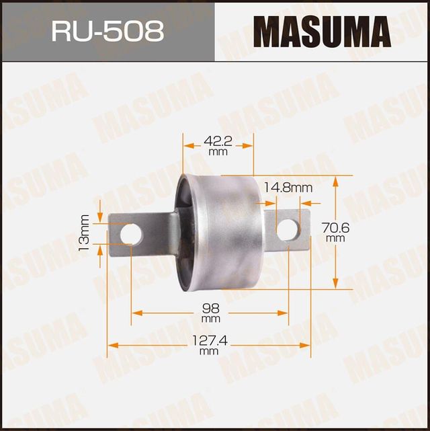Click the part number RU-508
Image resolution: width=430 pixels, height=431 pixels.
tap(107, 32)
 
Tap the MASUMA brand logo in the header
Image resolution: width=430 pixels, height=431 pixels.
tap(322, 32)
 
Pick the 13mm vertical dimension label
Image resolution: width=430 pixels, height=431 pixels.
tap(84, 233)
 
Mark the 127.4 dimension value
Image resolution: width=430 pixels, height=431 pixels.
tap(209, 340)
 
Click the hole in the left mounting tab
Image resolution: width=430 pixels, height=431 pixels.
tap(132, 234)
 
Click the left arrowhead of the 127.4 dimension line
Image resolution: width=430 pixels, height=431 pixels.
tap(112, 345)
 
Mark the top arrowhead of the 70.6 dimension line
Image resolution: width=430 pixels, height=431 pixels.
tap(335, 180)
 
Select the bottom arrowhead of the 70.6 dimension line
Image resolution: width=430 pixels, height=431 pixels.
tap(335, 285)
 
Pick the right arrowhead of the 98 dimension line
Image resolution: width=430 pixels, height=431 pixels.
tap(285, 312)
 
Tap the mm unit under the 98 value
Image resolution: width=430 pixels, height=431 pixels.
tap(210, 318)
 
